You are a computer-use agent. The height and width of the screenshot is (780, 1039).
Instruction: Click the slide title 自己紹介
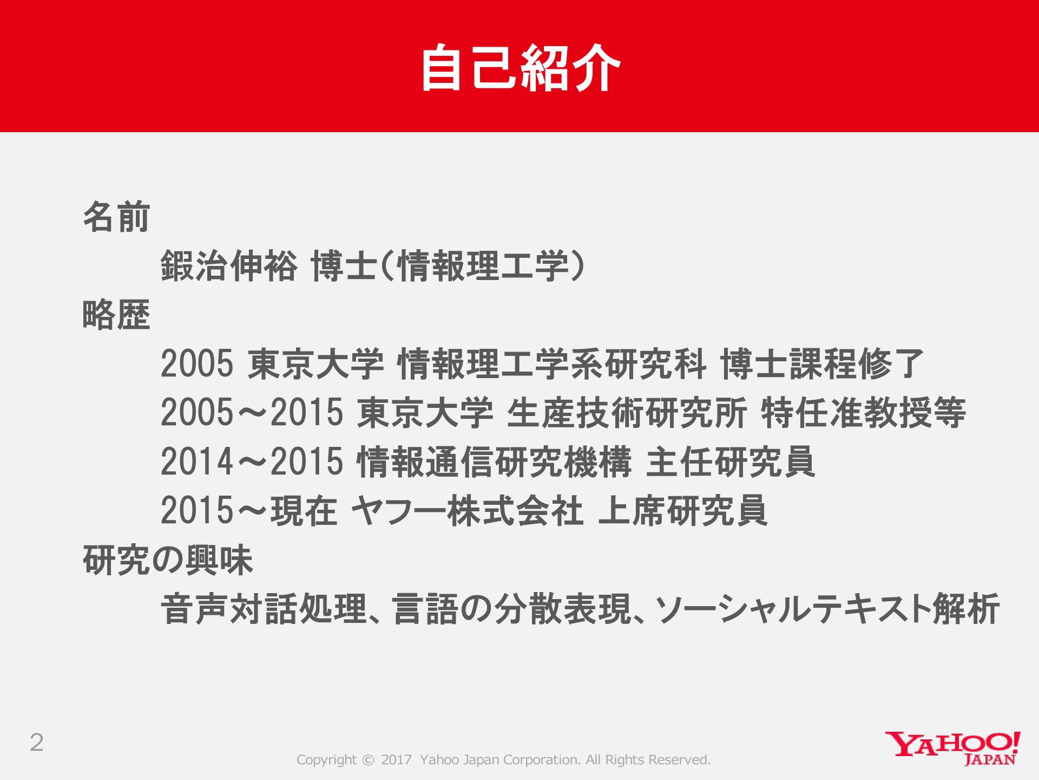[x=521, y=68]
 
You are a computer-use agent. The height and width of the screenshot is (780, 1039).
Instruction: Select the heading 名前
[x=116, y=217]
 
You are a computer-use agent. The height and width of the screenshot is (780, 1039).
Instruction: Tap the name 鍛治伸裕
[x=229, y=266]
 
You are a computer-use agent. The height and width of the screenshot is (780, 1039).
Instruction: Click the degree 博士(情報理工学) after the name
[x=449, y=266]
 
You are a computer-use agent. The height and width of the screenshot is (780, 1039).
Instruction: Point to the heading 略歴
[x=116, y=315]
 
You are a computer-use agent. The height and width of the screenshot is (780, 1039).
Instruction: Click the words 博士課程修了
[x=822, y=363]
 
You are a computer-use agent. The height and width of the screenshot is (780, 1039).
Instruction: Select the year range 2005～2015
[x=252, y=413]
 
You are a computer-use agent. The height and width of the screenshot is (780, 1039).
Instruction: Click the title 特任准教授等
[x=864, y=413]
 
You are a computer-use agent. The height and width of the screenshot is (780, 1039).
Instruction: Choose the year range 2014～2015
[x=252, y=462]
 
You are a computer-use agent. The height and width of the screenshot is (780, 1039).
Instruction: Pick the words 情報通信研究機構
[x=494, y=462]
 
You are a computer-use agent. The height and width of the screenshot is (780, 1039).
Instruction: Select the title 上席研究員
[x=683, y=511]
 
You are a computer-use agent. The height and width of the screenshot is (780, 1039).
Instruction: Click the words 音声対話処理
[x=264, y=609]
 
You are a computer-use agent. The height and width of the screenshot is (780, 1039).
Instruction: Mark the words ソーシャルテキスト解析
[x=827, y=609]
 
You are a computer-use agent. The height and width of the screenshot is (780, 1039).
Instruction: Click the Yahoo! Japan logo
[x=953, y=748]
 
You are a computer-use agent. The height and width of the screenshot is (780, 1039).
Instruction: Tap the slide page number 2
[x=37, y=743]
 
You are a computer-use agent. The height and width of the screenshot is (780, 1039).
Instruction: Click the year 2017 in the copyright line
[x=396, y=760]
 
